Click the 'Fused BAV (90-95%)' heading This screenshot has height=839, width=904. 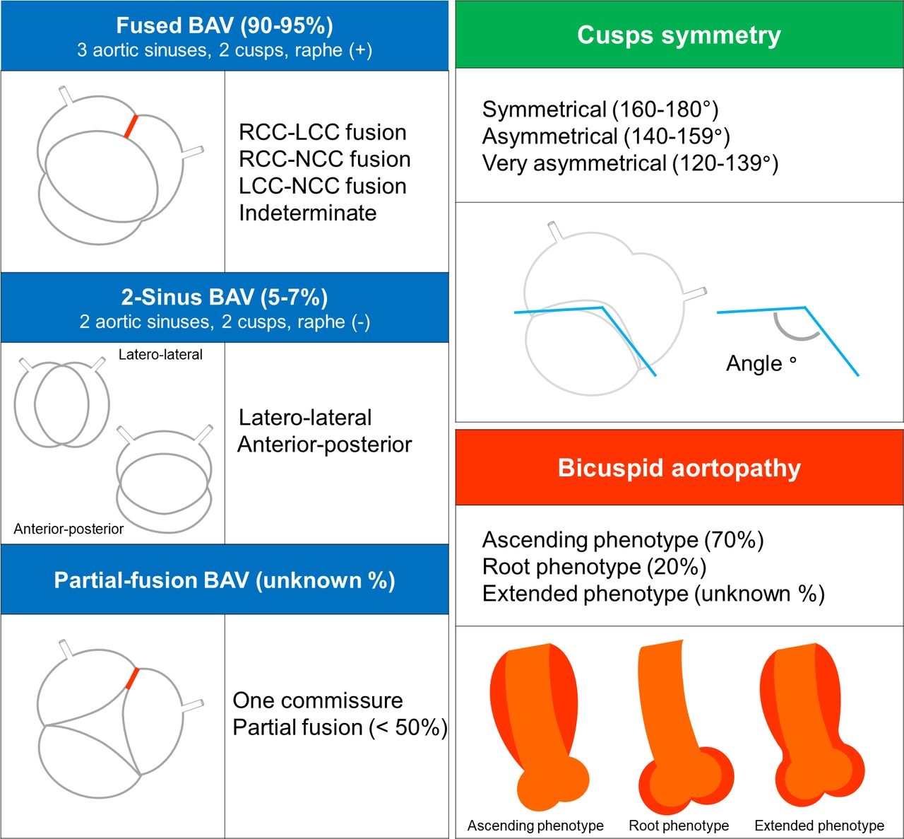(224, 25)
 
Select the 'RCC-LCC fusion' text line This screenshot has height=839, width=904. (322, 132)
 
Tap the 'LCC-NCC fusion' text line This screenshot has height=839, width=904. (322, 186)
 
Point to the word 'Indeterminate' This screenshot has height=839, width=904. (307, 213)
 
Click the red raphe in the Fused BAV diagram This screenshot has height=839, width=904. (130, 127)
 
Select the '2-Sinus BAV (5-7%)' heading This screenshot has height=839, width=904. (224, 297)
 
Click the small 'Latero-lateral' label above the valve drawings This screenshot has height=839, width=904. (160, 355)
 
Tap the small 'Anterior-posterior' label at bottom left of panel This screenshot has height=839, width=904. (69, 529)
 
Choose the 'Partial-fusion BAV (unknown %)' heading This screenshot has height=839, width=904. (224, 580)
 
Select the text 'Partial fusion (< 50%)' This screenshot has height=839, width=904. (340, 727)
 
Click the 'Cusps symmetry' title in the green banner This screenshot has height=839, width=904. (679, 35)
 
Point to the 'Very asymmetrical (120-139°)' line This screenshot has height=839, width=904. (630, 163)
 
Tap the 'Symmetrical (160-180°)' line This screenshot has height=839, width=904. (600, 110)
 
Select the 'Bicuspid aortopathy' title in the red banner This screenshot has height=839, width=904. (679, 468)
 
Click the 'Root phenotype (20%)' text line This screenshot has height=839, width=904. (594, 567)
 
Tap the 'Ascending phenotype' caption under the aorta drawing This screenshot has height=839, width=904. (535, 826)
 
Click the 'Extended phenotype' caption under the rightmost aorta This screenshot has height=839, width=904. (819, 826)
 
